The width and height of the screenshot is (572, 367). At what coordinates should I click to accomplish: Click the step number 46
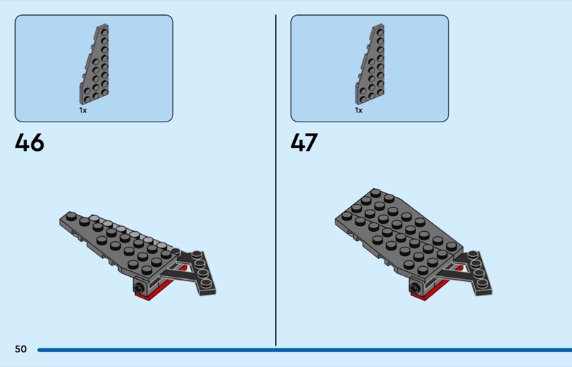pos(29,142)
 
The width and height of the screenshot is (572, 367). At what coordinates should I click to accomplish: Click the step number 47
pos(305,142)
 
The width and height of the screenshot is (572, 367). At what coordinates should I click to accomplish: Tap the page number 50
pos(21,349)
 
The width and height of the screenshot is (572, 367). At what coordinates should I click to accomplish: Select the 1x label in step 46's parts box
pos(83,110)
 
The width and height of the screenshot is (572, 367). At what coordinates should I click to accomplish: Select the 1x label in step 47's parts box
pos(359,110)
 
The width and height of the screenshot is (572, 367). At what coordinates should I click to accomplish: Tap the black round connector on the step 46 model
pos(139,287)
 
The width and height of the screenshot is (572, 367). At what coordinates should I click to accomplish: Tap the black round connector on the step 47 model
pos(415,288)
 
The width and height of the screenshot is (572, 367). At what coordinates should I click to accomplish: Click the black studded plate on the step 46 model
pos(199,272)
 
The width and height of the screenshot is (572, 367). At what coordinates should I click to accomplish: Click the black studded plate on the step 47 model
pos(474,272)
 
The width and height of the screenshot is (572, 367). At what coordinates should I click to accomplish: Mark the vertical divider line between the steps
pos(276,180)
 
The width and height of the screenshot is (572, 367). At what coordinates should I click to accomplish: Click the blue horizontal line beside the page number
pos(305,350)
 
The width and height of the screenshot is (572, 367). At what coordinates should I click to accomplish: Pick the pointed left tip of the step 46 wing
pos(60,220)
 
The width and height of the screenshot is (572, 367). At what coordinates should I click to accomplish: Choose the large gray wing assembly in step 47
pos(398,234)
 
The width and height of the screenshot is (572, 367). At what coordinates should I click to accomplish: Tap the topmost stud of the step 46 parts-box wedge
pos(104,32)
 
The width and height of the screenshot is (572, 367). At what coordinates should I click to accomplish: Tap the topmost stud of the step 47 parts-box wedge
pos(380,32)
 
